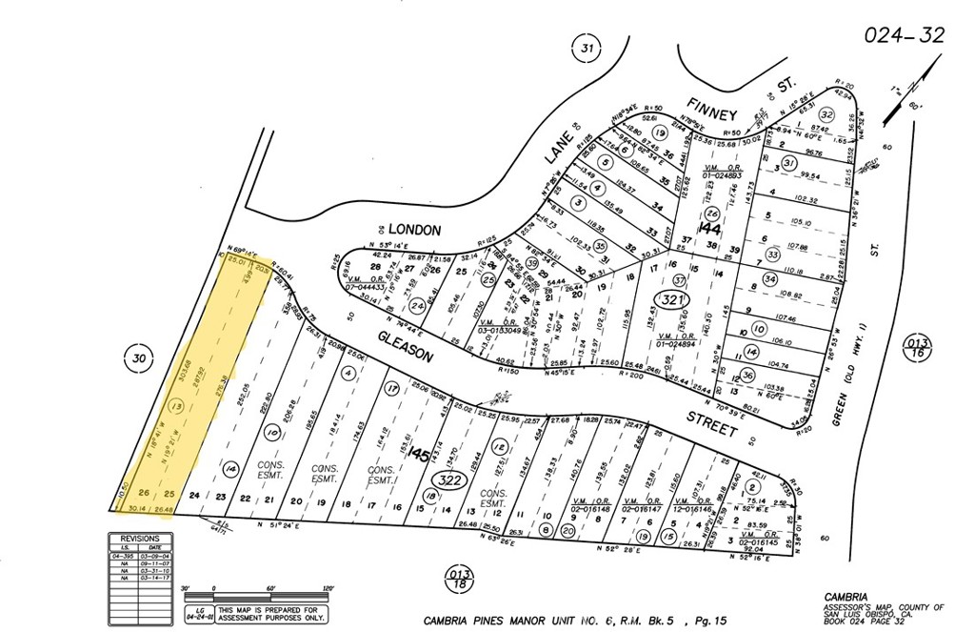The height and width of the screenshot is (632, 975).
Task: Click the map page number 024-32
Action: [905, 35]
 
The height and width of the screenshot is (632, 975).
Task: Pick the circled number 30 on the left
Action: [139, 357]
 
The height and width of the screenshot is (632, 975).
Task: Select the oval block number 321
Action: [672, 301]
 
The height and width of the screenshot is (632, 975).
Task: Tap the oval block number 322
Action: [449, 481]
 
